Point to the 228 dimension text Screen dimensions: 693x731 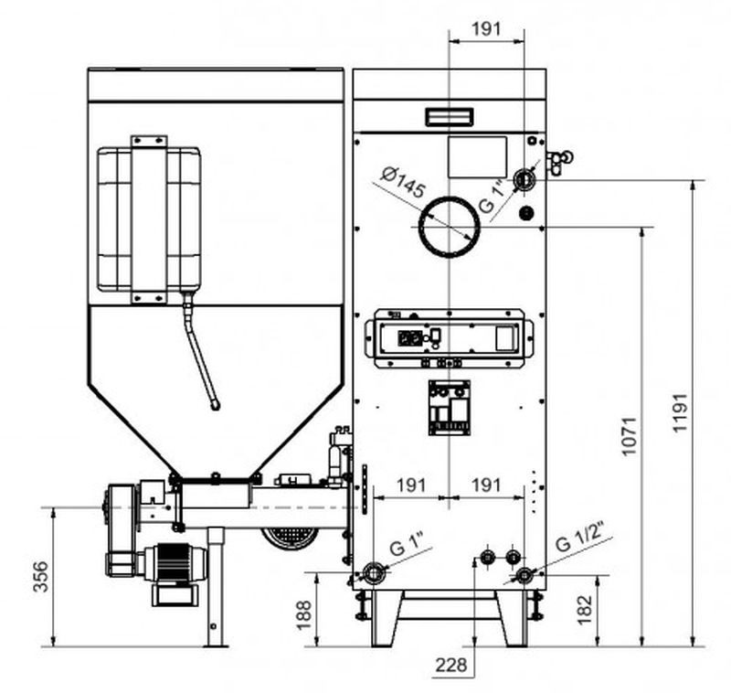(x=452, y=665)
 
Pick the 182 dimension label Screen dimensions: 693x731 (x=586, y=607)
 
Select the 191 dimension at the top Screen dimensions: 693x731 (x=486, y=28)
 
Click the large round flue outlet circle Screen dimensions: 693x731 (x=449, y=226)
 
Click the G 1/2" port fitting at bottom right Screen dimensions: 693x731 (x=524, y=575)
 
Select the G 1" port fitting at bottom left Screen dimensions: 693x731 (x=373, y=574)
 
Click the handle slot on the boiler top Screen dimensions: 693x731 (x=448, y=116)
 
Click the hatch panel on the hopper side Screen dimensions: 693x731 (x=149, y=219)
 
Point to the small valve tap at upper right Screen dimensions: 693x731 (x=558, y=161)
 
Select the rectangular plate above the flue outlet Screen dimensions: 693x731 (x=477, y=156)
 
